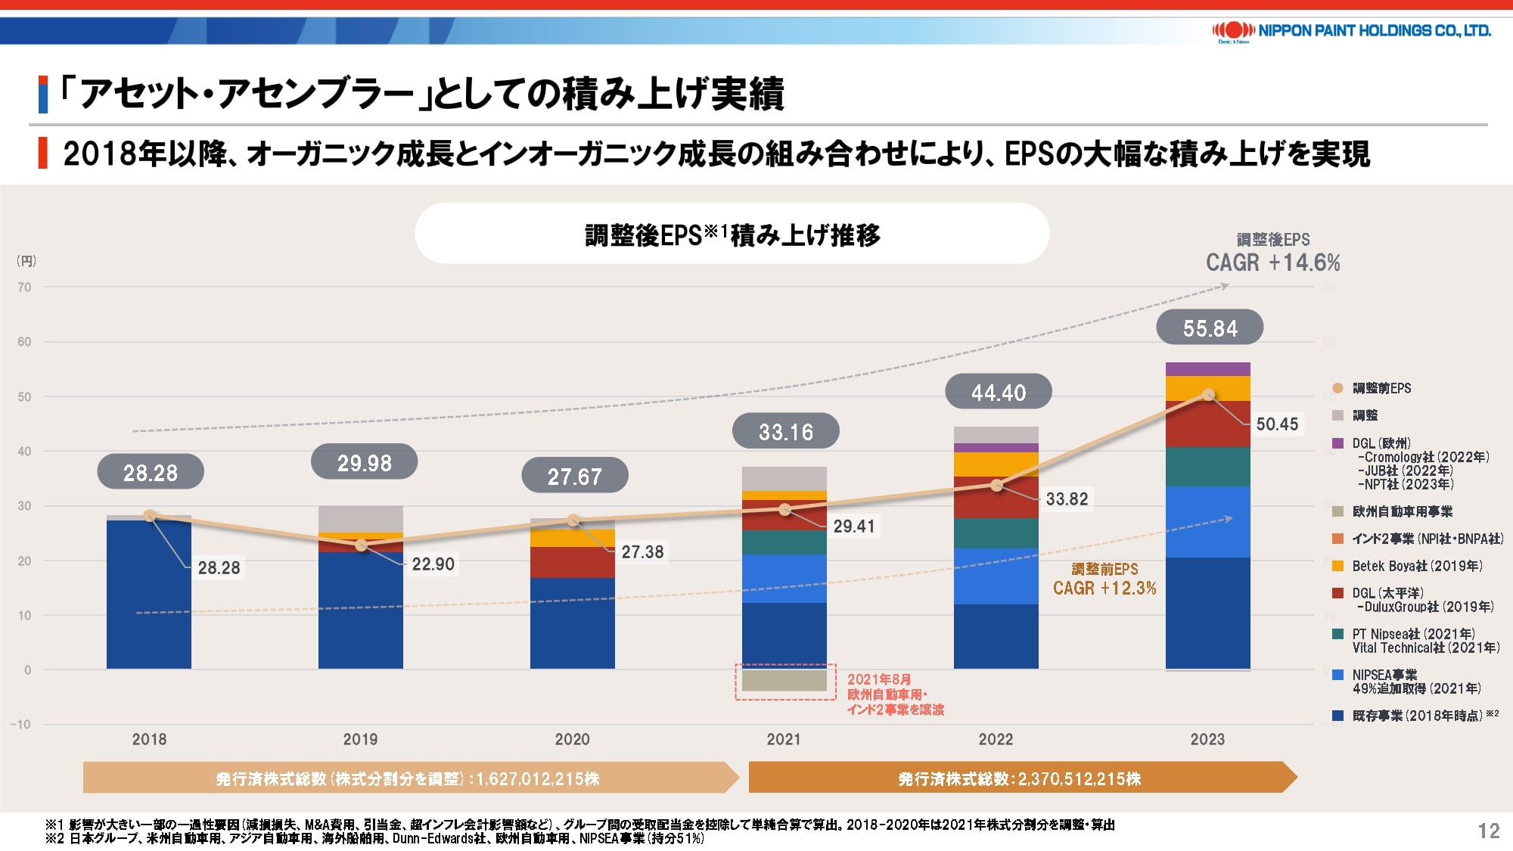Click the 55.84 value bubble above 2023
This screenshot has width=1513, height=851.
pos(1210,328)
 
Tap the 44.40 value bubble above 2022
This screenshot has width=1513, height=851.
pos(999,393)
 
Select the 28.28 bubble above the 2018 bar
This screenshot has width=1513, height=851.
pos(151,473)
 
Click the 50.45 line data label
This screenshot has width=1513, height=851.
pos(1277,424)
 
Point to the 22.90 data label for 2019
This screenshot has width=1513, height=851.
pos(433,564)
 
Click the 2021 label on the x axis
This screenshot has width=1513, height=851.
pos(784,739)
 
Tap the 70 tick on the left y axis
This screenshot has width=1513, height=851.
pos(25,287)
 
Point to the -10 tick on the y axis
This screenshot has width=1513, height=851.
pos(21,725)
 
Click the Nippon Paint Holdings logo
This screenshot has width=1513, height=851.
pos(1351,31)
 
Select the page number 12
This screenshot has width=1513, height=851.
pos(1489,831)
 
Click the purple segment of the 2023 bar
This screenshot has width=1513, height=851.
pos(1207,369)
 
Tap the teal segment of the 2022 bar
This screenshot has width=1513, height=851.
pos(996,533)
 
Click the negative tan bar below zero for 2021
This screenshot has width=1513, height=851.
pos(784,680)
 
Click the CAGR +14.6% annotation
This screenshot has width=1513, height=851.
pos(1272,262)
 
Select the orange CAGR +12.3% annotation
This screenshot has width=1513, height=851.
pos(1104,588)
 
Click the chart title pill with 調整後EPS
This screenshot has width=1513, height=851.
pos(732,234)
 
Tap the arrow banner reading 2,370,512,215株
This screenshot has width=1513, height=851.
pos(1020,778)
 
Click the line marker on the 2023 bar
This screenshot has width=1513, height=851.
pos(1208,395)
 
